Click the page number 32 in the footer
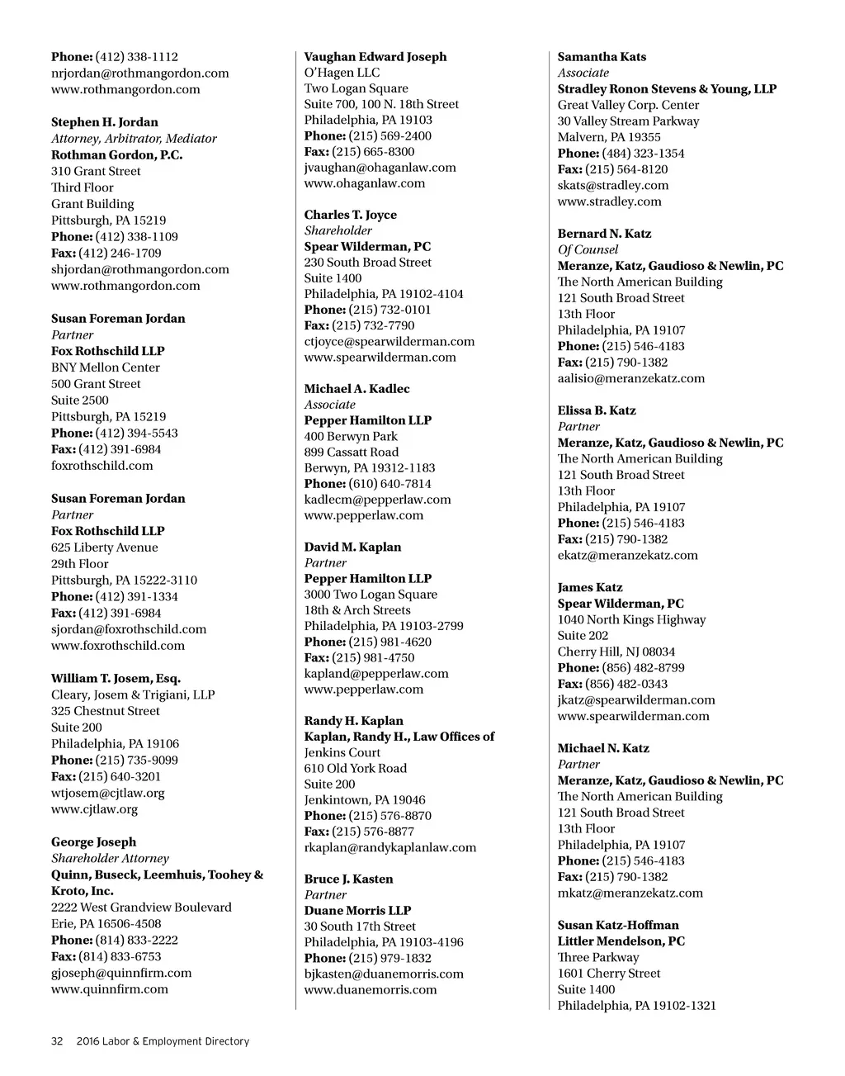coord(57,1041)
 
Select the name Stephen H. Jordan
coord(105,122)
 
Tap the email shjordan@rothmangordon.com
coord(140,269)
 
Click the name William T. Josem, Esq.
coord(116,679)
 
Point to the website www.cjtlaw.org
coord(94,809)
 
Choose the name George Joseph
coord(94,842)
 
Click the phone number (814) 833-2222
coord(137,940)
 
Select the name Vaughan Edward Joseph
coord(375,57)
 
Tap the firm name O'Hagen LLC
coord(342,73)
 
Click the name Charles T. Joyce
coord(350,215)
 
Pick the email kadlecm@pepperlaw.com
coord(377,500)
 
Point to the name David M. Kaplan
coord(352,547)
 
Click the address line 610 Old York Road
coord(355,768)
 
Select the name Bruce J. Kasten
coord(348,879)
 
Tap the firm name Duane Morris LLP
coord(357,910)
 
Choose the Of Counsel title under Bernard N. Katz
coord(588,249)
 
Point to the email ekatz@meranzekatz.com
coord(627,555)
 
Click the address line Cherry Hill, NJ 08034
coord(616,652)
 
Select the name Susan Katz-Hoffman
coord(618,925)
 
